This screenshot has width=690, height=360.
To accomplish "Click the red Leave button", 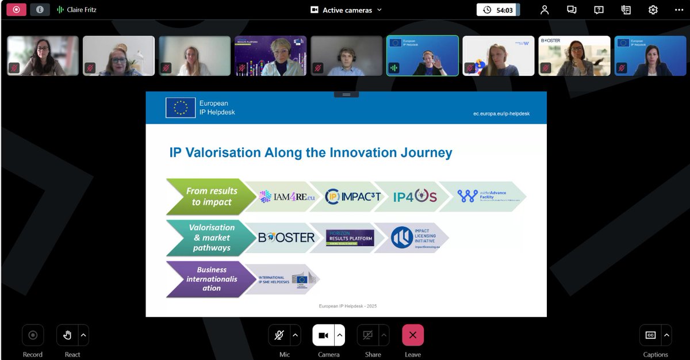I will tap(413, 335).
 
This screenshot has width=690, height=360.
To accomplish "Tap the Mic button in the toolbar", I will tap(279, 335).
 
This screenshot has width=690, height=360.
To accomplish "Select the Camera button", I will tap(323, 335).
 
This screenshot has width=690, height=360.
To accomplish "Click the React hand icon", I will tap(67, 335).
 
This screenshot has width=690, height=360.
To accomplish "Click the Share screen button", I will tap(368, 335).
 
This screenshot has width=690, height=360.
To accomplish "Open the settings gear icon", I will tap(653, 10).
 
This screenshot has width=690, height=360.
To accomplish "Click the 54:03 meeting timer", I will tap(498, 10).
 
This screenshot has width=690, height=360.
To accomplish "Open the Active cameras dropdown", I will tap(346, 10).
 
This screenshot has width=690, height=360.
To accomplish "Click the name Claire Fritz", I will tap(82, 10).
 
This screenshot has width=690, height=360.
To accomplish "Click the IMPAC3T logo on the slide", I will tap(353, 197).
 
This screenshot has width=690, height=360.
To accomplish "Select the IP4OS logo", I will tap(415, 197).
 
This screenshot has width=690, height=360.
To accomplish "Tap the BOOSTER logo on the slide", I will tap(286, 238).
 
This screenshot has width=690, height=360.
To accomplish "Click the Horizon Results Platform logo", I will tap(350, 238).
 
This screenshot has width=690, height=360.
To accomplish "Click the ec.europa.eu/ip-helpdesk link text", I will tap(501, 113).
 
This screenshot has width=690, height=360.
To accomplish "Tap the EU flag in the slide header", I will tap(181, 108).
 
